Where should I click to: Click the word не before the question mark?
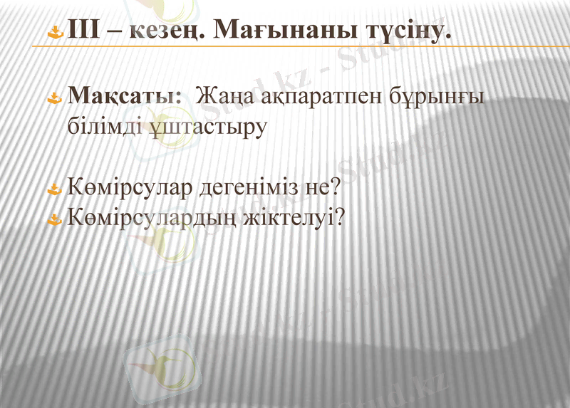(318, 189)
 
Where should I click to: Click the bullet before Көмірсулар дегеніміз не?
(55, 189)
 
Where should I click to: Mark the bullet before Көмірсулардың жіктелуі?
(55, 217)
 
